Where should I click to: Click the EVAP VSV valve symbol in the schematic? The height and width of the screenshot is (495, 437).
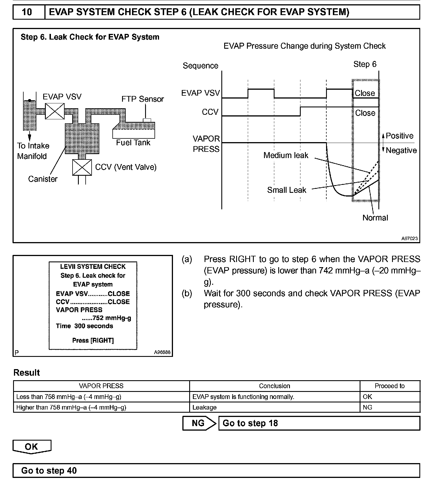tap(55, 111)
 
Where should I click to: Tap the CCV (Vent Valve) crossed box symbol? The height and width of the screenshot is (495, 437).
tap(82, 167)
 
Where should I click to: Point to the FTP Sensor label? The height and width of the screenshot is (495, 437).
tap(143, 99)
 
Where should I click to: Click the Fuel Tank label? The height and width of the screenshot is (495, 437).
tap(133, 143)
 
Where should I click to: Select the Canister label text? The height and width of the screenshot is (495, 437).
tap(43, 179)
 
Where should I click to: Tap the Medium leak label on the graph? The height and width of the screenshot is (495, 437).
tap(286, 156)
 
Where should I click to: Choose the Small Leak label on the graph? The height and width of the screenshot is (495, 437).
tap(286, 190)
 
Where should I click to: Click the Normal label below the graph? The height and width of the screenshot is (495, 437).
tap(375, 218)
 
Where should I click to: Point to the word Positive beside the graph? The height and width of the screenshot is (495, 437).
tap(399, 136)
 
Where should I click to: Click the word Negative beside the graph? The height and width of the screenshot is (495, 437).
tap(401, 150)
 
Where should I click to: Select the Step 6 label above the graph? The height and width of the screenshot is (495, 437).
tap(365, 64)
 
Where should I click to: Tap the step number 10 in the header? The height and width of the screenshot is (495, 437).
tap(27, 12)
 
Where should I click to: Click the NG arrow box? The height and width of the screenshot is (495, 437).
tap(199, 423)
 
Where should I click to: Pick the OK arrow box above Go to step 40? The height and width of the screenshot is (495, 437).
tap(32, 447)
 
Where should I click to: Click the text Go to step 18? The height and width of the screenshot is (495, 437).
tap(250, 423)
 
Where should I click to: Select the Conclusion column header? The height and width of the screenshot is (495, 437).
tap(274, 386)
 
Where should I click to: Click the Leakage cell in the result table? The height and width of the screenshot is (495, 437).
tap(204, 408)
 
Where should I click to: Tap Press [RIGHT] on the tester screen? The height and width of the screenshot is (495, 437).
tap(93, 341)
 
